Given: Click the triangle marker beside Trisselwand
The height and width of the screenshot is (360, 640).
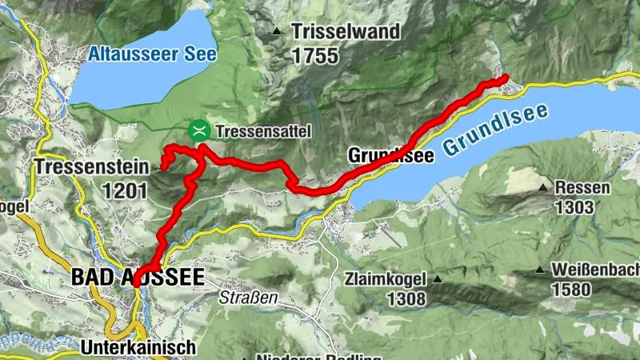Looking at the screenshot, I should (x=277, y=33).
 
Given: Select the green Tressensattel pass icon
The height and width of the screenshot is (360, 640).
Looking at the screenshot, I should (x=198, y=130).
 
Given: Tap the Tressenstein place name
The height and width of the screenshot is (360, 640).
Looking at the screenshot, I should (x=92, y=168).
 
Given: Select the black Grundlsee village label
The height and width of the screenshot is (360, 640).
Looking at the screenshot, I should (x=390, y=157).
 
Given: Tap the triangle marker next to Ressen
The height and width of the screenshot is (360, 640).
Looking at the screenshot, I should (x=543, y=189).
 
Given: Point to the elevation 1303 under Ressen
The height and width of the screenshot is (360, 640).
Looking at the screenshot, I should (x=573, y=208).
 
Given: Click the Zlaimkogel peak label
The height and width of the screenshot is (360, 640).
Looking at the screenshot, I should (x=383, y=280).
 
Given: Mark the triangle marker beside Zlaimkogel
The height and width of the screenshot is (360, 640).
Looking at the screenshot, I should (x=438, y=280).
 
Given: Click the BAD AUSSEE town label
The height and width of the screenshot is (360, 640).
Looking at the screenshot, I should (x=138, y=278).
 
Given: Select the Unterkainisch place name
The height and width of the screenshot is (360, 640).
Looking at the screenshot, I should (x=138, y=347).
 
